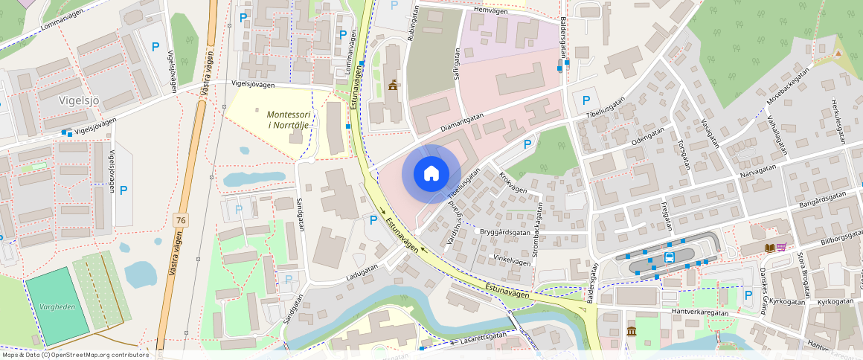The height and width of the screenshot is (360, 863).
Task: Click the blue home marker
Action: (x=431, y=174)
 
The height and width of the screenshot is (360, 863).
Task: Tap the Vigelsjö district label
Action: (x=79, y=100)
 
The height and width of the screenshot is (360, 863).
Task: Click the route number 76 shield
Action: (x=180, y=220)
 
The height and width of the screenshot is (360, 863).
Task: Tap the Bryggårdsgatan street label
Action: (x=508, y=232)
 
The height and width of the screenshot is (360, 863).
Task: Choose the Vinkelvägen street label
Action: (x=512, y=261)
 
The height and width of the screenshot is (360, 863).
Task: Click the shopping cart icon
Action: (x=781, y=248)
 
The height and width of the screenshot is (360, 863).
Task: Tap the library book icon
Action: (x=769, y=248)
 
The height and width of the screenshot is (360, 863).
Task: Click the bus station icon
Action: (x=669, y=258)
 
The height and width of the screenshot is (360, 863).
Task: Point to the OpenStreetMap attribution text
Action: (x=76, y=355)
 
